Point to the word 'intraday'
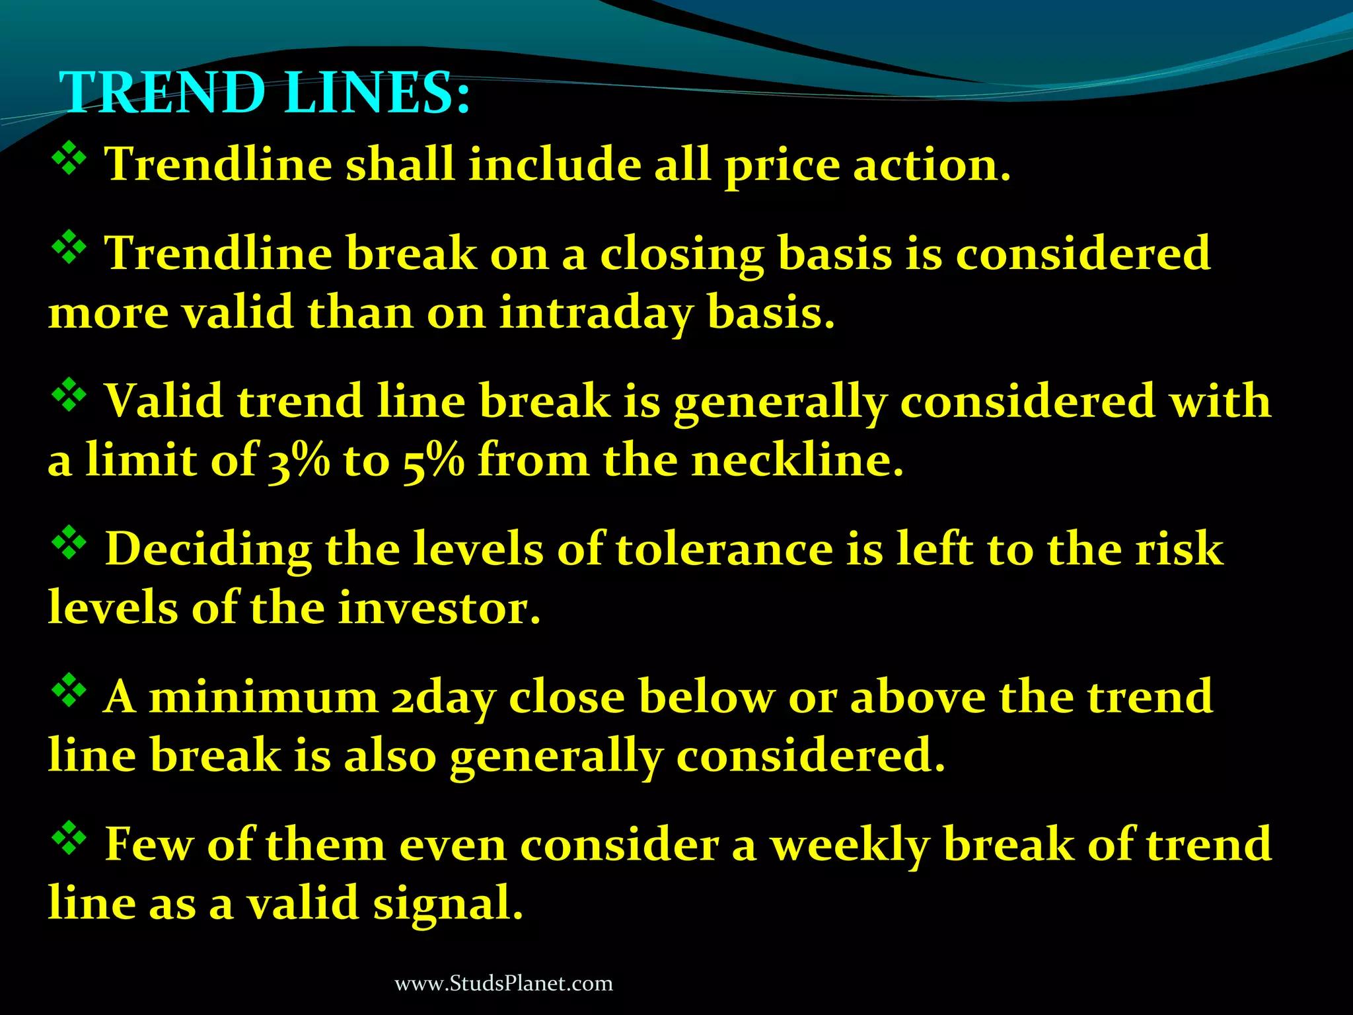(x=595, y=313)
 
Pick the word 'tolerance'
(x=724, y=550)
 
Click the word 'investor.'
(x=439, y=608)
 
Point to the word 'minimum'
(x=263, y=698)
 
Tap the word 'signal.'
(x=448, y=904)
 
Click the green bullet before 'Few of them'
(x=69, y=839)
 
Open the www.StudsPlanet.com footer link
(x=503, y=983)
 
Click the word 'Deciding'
(x=208, y=550)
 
